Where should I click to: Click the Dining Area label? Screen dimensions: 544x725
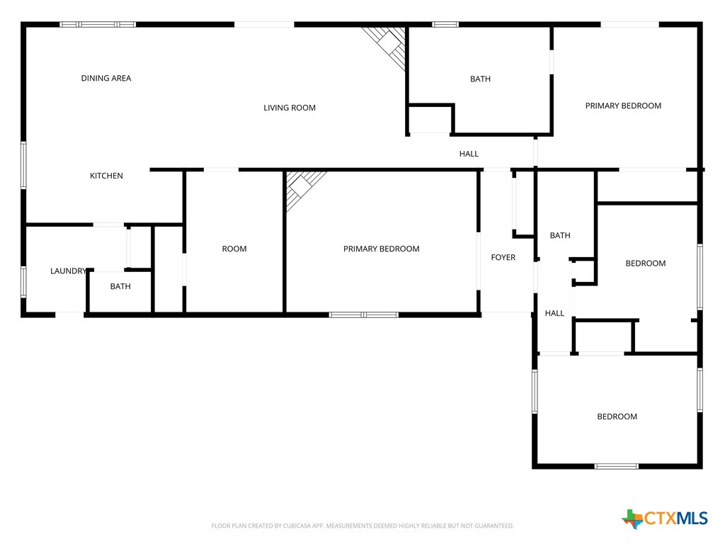(x=106, y=78)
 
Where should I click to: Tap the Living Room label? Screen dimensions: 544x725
(x=290, y=108)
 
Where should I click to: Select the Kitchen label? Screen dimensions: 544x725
(x=106, y=176)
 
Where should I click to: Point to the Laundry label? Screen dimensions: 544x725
(x=68, y=271)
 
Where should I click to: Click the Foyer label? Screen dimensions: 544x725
(x=503, y=257)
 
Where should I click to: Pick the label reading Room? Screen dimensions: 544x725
(x=234, y=249)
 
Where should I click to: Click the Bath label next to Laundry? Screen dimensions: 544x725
(x=120, y=286)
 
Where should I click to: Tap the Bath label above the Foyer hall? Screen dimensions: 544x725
(x=560, y=235)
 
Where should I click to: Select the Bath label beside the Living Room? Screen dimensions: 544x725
(x=480, y=79)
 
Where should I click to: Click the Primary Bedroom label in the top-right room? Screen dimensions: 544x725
(x=623, y=106)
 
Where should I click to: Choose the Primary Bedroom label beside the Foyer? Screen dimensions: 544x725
(x=381, y=249)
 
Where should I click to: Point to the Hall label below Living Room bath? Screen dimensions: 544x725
(x=469, y=154)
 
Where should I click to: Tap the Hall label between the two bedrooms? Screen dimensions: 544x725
(x=554, y=313)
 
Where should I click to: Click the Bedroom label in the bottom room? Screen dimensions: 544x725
(x=617, y=416)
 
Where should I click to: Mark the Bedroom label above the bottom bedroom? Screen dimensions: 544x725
(x=645, y=263)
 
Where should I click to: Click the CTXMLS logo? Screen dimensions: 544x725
(x=665, y=518)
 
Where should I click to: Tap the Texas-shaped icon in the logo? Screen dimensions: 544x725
(x=632, y=518)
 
